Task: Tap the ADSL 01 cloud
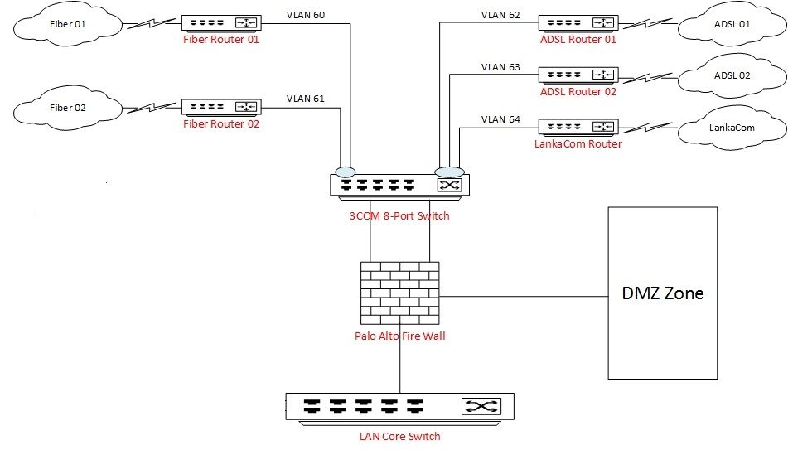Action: click(730, 24)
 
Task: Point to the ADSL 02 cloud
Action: click(730, 75)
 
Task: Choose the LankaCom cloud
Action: click(730, 129)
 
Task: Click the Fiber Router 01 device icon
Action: click(221, 23)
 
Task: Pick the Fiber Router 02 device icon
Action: click(221, 107)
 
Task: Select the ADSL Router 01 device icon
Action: click(578, 22)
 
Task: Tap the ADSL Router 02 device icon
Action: click(578, 75)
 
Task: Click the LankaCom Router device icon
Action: click(578, 127)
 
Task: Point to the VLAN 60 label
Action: click(306, 15)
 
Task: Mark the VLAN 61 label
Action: click(306, 99)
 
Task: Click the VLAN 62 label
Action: click(501, 15)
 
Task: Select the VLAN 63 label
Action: click(501, 67)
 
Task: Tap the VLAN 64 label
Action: click(501, 119)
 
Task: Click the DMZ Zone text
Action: click(663, 293)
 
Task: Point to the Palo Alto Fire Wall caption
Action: click(399, 336)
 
